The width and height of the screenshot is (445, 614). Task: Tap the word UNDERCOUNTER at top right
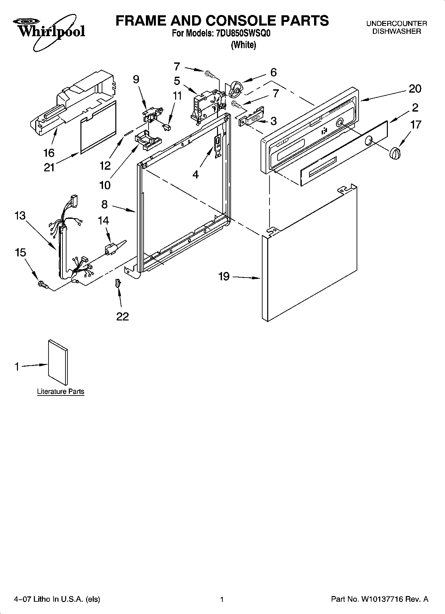coord(396,24)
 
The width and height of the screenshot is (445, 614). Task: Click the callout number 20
coord(415,89)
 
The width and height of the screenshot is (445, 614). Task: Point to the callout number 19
coord(224,276)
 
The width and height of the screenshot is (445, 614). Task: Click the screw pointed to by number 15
coord(43,284)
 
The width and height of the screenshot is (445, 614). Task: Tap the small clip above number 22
coord(117,283)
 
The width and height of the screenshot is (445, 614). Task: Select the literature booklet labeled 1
coord(58,363)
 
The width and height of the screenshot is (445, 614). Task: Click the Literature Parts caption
coord(60,392)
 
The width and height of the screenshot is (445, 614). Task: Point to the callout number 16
coord(49,153)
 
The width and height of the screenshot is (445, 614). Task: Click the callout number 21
coord(49,167)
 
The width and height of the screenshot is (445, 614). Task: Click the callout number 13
coord(20,216)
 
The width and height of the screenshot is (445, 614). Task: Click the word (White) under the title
coord(243,45)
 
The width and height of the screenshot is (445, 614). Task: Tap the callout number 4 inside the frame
coord(195,174)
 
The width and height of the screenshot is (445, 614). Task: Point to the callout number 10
coord(105,185)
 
